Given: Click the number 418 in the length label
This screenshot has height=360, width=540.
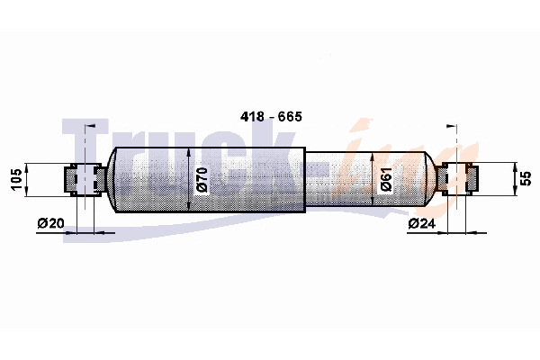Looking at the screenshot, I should [x=254, y=118].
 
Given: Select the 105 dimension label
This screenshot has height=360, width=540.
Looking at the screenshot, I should [x=15, y=179].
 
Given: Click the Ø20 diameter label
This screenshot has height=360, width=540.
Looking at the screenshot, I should [x=52, y=223].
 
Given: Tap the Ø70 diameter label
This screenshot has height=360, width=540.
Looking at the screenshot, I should [x=202, y=179].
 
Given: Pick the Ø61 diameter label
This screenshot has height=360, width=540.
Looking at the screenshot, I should [x=385, y=179].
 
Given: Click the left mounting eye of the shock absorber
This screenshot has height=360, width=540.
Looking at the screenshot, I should [x=84, y=179].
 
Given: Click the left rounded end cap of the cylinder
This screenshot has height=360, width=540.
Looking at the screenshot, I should [x=112, y=179].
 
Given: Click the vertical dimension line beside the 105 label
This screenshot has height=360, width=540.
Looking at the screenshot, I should [x=28, y=179].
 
